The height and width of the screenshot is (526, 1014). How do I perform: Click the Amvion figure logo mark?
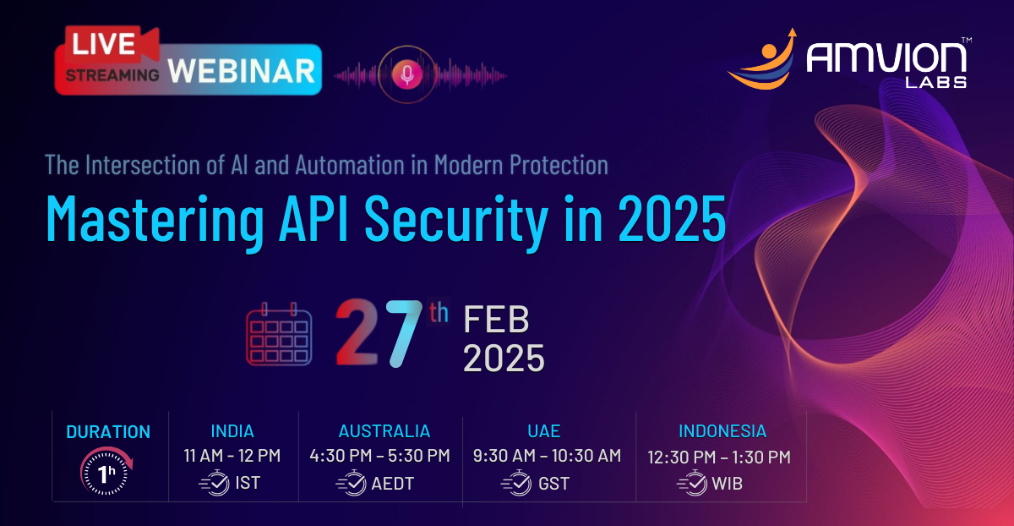(x=761, y=60)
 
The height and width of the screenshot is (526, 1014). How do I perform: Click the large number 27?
(x=379, y=336)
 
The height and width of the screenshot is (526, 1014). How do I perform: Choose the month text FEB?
(x=496, y=321)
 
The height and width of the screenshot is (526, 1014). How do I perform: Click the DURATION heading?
(x=108, y=431)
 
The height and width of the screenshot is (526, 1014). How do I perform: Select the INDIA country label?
(x=232, y=431)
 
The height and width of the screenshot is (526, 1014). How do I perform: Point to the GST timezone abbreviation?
(x=553, y=484)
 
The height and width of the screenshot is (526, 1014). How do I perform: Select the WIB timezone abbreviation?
(x=728, y=484)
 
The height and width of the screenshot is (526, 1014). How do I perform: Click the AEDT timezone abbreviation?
(x=393, y=484)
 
